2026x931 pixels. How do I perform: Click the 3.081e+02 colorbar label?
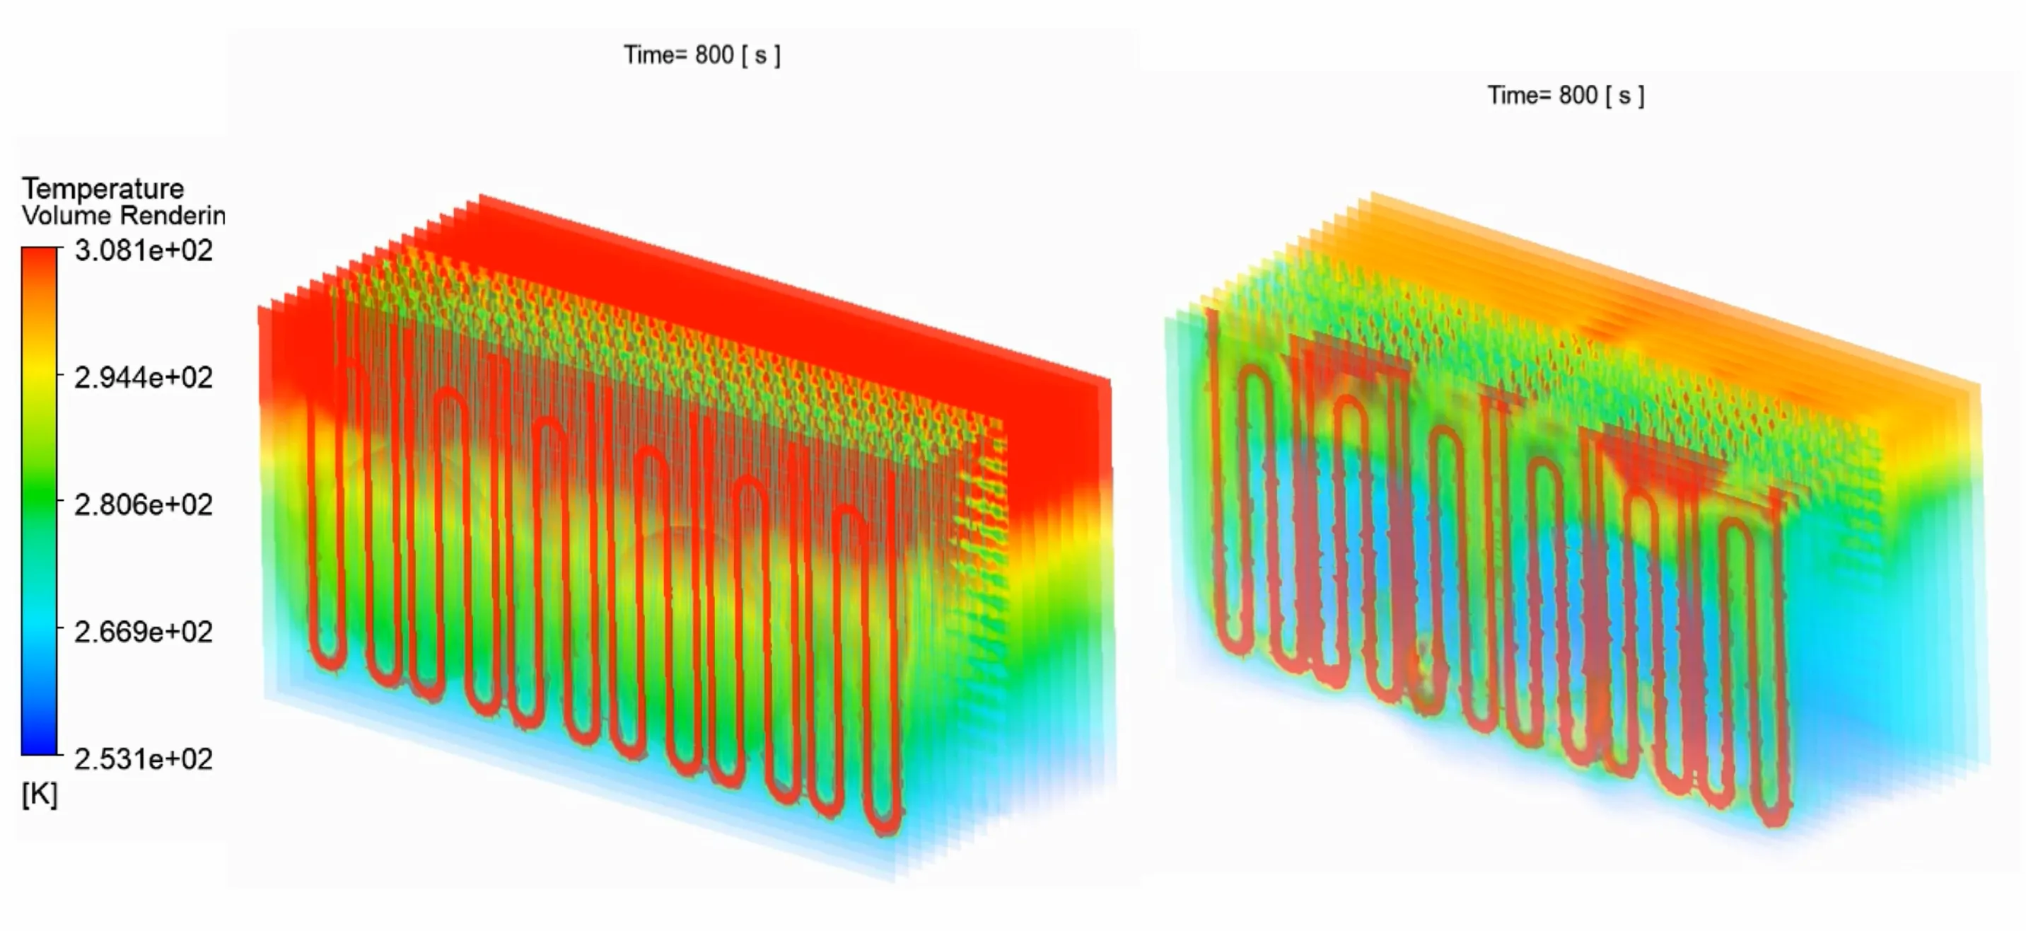[143, 250]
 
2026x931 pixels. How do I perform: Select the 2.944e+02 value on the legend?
[143, 378]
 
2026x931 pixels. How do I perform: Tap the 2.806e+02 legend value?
[143, 504]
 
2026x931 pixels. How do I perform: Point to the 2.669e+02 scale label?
[143, 632]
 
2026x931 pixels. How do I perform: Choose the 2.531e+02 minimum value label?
[143, 759]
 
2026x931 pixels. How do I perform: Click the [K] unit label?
[40, 795]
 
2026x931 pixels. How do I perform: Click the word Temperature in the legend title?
[103, 189]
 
